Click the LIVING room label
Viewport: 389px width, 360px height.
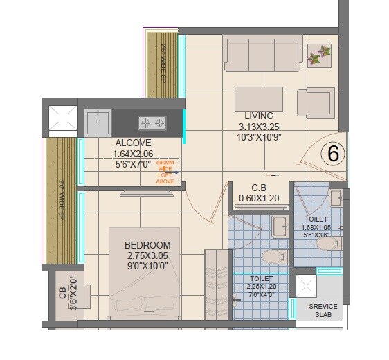(x=258, y=116)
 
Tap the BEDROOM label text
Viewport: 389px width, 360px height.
(x=147, y=245)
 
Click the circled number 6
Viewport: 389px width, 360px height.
(x=333, y=154)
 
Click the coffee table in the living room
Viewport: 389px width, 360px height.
(x=258, y=99)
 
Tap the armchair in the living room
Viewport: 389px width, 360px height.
(x=316, y=102)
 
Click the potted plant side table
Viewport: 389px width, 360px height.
(x=319, y=55)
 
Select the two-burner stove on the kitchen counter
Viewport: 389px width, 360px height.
(x=152, y=123)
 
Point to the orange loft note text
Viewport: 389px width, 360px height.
(x=166, y=172)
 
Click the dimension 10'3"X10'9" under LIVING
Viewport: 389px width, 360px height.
(x=258, y=137)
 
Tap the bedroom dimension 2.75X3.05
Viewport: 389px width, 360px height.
(x=147, y=255)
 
